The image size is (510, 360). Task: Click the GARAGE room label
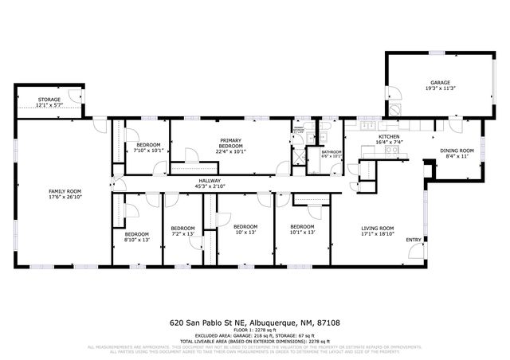point(440,82)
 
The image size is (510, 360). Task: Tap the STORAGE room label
point(49,100)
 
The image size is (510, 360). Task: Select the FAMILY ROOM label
point(65,191)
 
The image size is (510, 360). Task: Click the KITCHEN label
point(388,137)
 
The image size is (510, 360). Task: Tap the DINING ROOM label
point(457,151)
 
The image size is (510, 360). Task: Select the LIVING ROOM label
point(378,228)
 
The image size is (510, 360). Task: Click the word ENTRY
point(414,240)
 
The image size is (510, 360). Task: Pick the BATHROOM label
point(331,151)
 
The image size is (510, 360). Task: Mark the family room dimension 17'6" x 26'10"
point(65,197)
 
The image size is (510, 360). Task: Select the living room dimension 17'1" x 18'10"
point(378,233)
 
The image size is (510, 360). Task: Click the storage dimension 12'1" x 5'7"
point(49,105)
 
